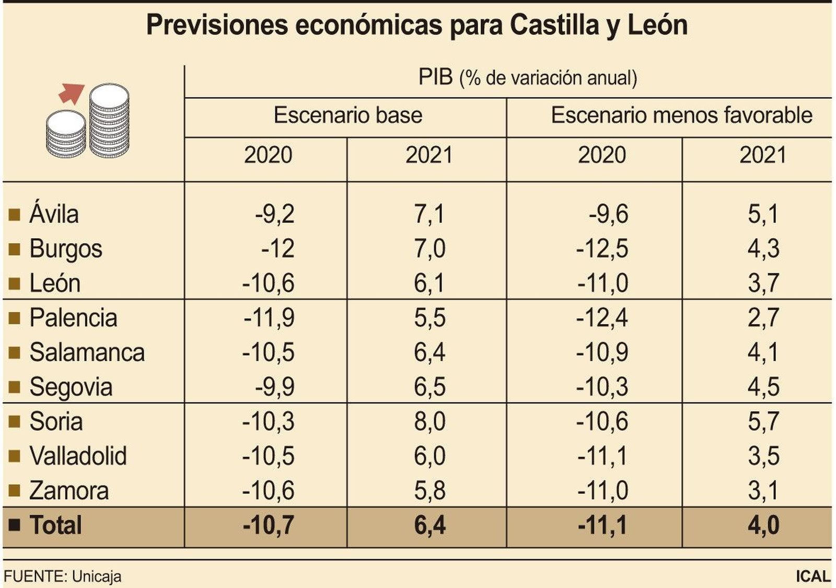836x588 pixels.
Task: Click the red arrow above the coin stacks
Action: [x=71, y=93]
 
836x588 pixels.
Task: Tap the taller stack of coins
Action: [x=109, y=120]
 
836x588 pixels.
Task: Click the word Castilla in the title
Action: [x=554, y=25]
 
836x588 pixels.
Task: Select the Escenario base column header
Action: [x=347, y=116]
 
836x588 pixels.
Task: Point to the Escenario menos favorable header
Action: [x=681, y=116]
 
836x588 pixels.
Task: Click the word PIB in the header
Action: [x=435, y=77]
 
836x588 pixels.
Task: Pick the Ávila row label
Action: [x=54, y=214]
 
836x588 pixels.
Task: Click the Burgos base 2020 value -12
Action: [x=278, y=249]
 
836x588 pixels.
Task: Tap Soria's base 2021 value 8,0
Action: [x=429, y=422]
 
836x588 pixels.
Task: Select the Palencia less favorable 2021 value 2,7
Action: [x=763, y=318]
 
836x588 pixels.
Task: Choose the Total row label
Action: [x=55, y=525]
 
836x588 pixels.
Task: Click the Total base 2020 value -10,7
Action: [x=269, y=525]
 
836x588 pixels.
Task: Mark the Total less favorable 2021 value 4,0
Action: [x=763, y=525]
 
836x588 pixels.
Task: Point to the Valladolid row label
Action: [x=78, y=456]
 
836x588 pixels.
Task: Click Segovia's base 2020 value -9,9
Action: [x=275, y=387]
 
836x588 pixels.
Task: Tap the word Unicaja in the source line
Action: [x=97, y=577]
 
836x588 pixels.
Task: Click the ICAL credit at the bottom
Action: [x=813, y=577]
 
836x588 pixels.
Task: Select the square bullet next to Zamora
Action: [x=14, y=491]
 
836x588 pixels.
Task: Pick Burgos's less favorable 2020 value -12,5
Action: [x=602, y=249]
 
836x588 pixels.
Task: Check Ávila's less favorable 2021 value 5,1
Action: [x=763, y=214]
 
